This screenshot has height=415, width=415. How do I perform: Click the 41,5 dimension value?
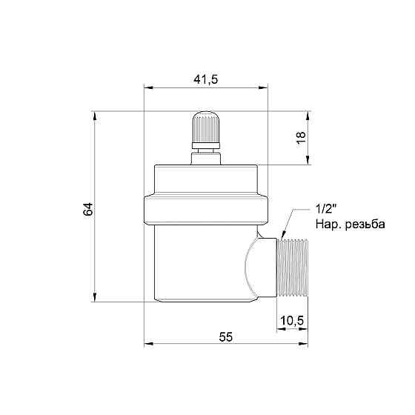pos(206,79)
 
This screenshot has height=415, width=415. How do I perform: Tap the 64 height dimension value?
pos(88,209)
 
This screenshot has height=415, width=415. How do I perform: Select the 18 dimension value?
pos(301,138)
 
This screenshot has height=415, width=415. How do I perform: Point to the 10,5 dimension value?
pos(292,320)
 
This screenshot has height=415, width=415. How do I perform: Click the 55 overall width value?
pos(225,337)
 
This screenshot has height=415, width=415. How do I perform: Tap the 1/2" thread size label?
pos(326,210)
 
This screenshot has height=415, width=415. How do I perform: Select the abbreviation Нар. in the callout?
pos(328,225)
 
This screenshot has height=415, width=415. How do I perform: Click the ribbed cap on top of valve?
pos(206,130)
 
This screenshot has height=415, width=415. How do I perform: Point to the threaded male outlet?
pos(292,268)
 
